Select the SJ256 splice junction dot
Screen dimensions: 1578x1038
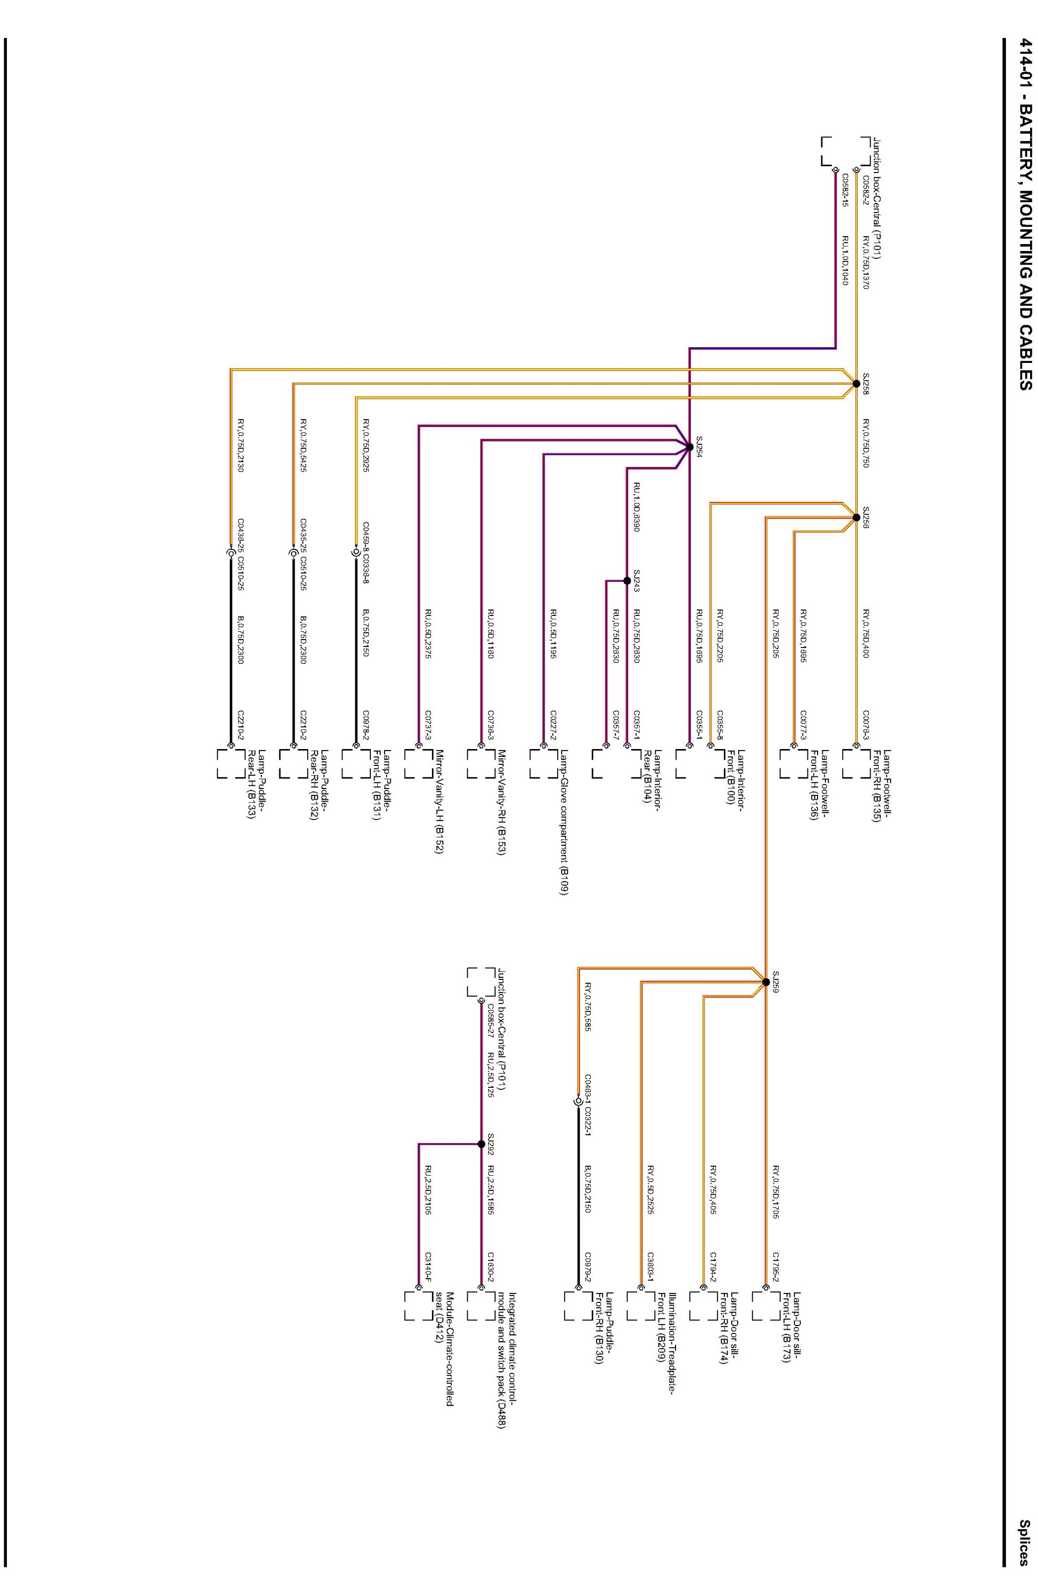point(855,517)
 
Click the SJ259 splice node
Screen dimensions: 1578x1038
point(765,982)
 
